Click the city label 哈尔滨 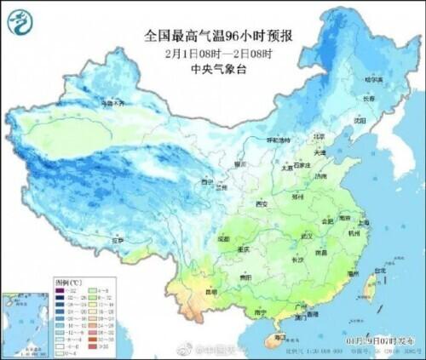[x=373, y=80]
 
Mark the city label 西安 [x=262, y=204]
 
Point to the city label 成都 [x=223, y=239]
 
